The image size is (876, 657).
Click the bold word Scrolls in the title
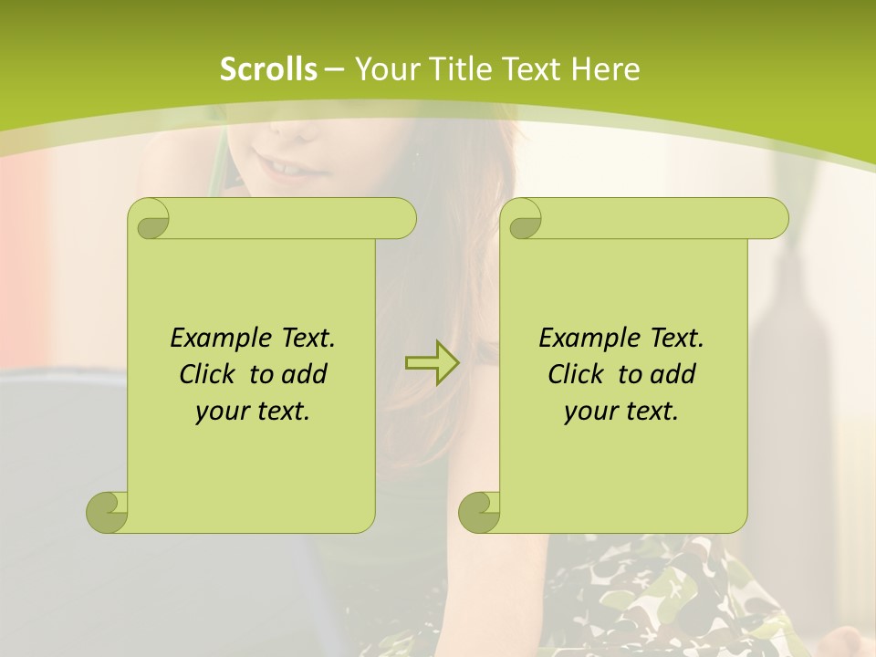pyautogui.click(x=268, y=69)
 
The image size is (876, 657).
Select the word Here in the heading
pyautogui.click(x=606, y=69)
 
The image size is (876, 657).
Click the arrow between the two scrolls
pyautogui.click(x=432, y=363)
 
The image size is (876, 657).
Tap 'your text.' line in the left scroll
pyautogui.click(x=253, y=411)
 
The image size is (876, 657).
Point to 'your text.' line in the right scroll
pyautogui.click(x=621, y=411)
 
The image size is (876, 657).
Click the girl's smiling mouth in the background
pyautogui.click(x=285, y=170)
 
